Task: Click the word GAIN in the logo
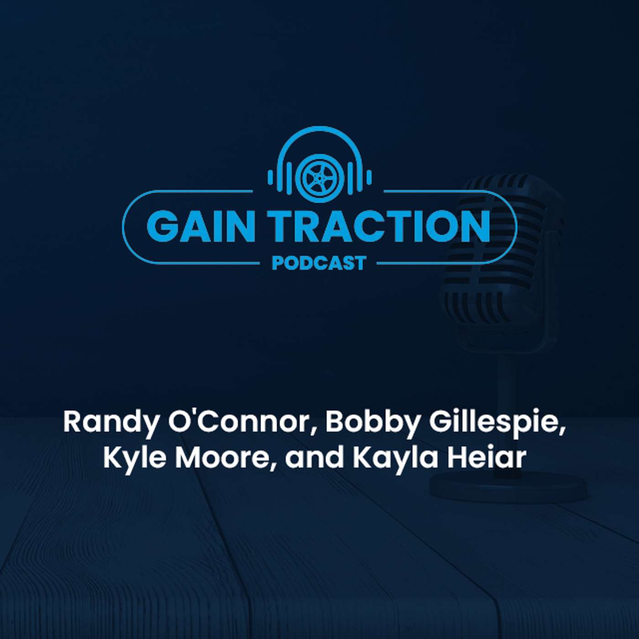click(x=200, y=226)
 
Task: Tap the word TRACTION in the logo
click(x=378, y=226)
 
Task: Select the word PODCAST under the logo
click(x=319, y=263)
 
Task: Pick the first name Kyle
click(x=135, y=458)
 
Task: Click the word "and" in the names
click(x=314, y=458)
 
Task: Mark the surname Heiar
click(x=487, y=458)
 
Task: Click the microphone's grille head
click(x=502, y=256)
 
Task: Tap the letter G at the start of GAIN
click(x=162, y=226)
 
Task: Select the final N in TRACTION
click(x=475, y=226)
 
